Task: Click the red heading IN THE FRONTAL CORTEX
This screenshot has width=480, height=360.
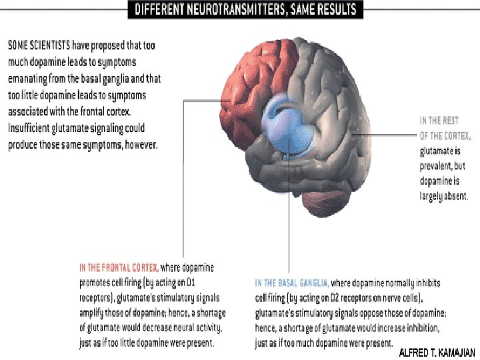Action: (x=119, y=267)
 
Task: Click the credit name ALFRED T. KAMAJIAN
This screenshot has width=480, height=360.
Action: (x=437, y=353)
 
